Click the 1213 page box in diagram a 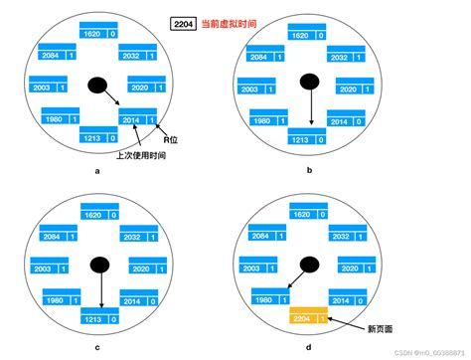tap(97, 138)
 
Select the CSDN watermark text tap(417, 353)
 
